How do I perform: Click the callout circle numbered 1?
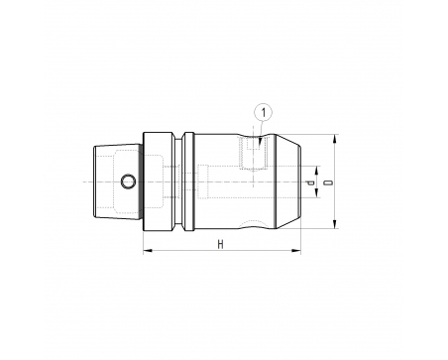[x=264, y=113]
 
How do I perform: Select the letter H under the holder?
[x=220, y=245]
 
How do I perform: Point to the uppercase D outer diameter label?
[x=328, y=182]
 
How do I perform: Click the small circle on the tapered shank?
[x=128, y=181]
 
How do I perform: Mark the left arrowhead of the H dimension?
[x=148, y=251]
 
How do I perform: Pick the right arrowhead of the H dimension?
[x=296, y=251]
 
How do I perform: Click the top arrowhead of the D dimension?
[x=335, y=139]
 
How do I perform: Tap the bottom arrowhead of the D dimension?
[x=335, y=224]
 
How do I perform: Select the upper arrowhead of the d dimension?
[x=316, y=171]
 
